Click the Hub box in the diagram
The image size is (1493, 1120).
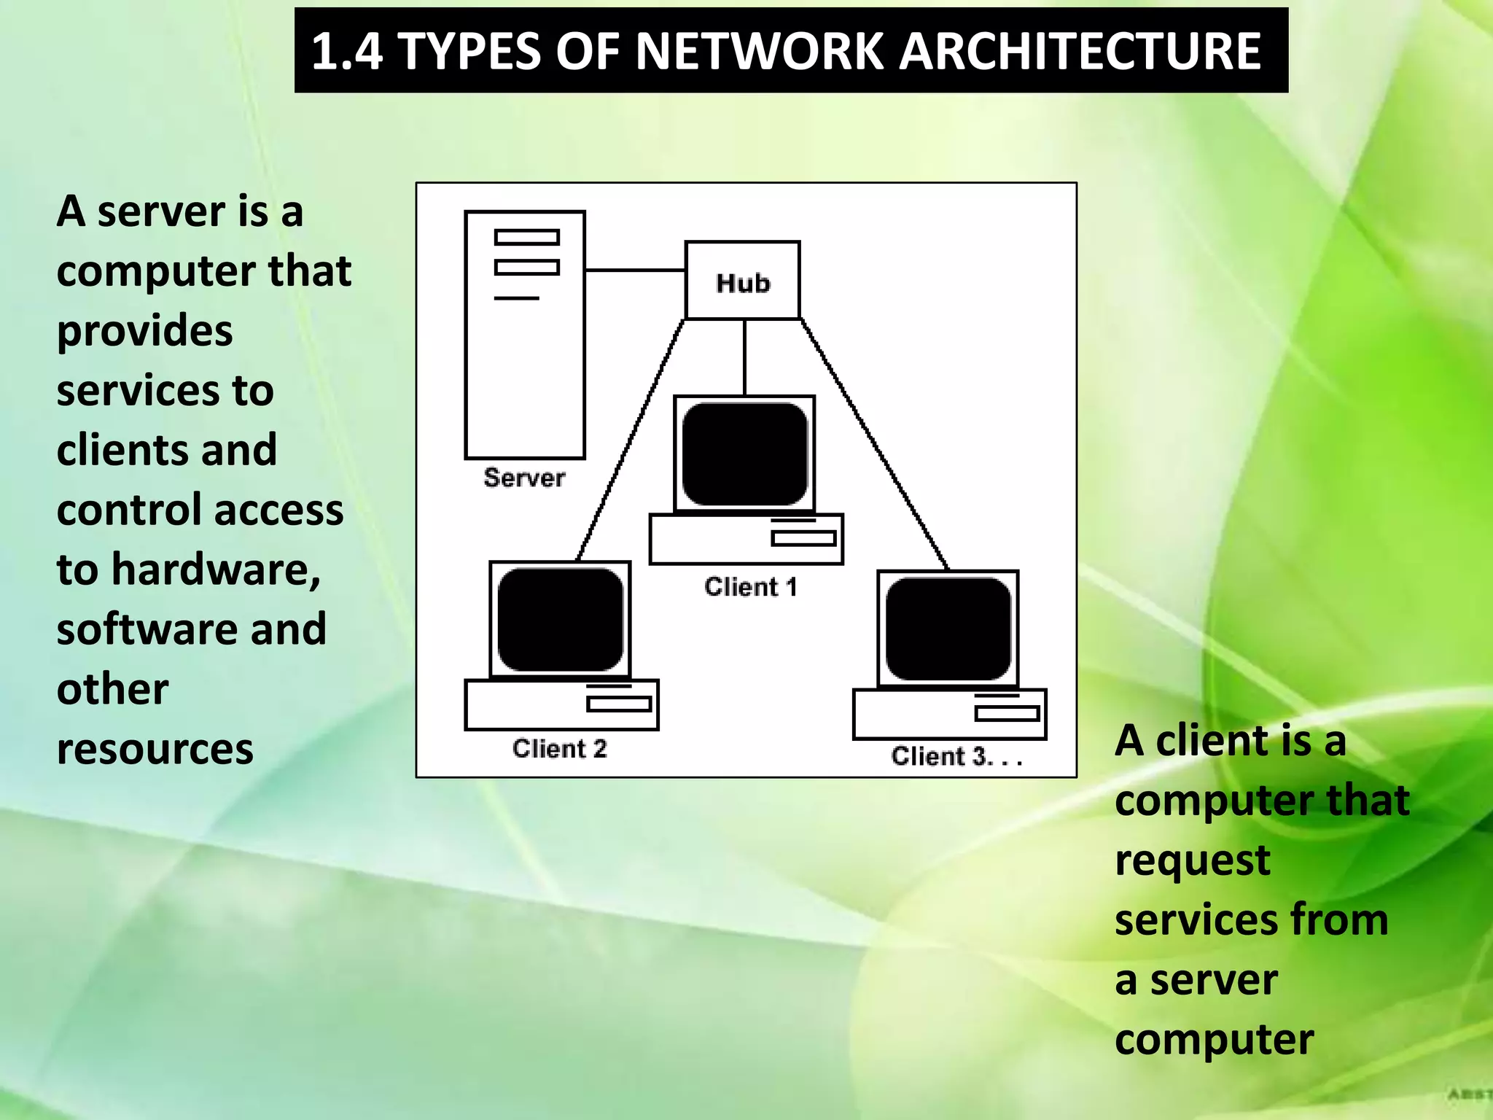742,281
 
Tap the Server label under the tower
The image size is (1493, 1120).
524,478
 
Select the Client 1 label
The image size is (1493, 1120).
750,587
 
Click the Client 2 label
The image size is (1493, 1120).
559,749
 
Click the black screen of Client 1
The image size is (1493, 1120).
744,454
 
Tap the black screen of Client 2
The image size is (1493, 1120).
560,620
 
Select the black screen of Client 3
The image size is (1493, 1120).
948,629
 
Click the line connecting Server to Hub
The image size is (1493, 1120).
634,271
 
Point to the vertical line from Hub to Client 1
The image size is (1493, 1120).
744,357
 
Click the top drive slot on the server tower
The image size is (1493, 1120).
526,237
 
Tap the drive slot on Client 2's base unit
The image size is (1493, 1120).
619,704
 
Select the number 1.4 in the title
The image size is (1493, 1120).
346,51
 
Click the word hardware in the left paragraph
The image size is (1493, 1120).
215,569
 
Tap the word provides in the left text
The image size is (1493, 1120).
144,330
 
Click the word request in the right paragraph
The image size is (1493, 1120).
1192,860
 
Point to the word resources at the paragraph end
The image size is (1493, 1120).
155,749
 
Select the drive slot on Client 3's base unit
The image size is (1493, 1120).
1007,714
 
